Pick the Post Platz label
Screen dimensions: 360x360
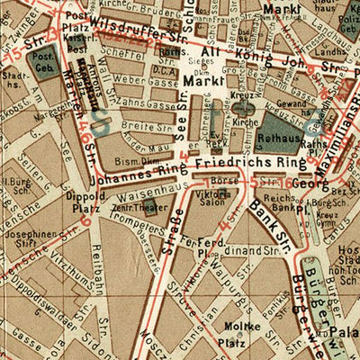76,22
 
